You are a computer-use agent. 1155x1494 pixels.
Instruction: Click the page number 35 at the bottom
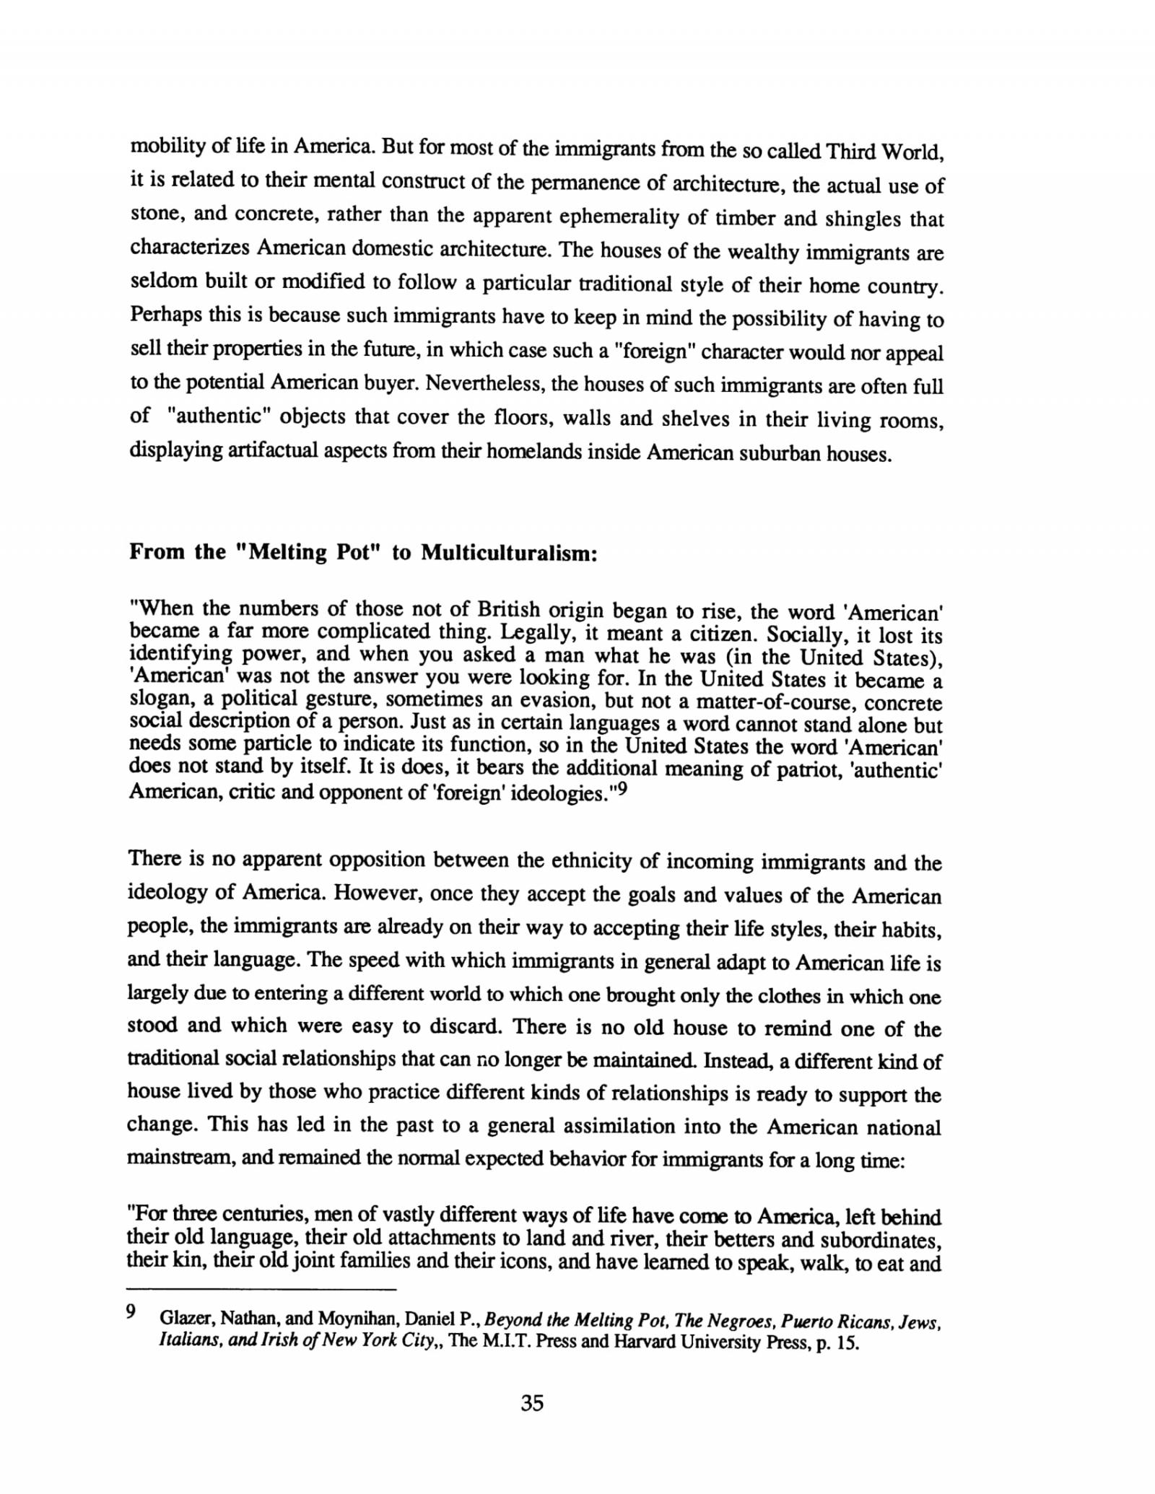[x=531, y=1402]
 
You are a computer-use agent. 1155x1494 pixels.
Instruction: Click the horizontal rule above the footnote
[x=262, y=1289]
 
